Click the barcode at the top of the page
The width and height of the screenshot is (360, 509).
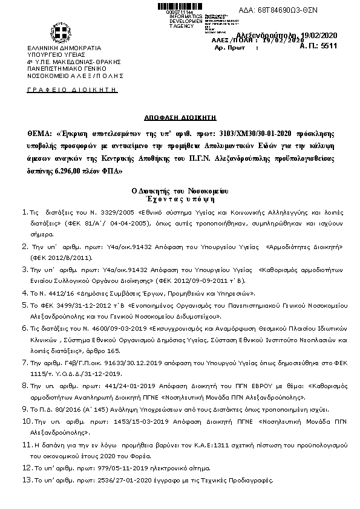coord(180,6)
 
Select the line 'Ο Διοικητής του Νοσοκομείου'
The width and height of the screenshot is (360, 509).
coord(180,190)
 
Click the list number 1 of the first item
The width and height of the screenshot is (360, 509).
coord(24,213)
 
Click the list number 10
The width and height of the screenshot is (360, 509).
coord(25,419)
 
